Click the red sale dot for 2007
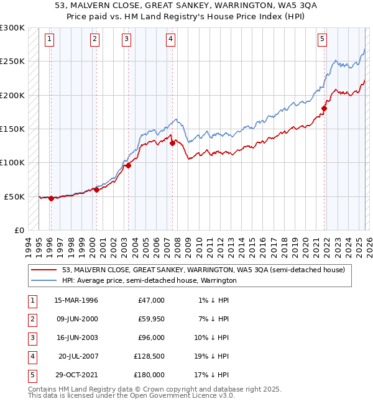172,143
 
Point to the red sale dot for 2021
324,108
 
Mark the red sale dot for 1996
51,198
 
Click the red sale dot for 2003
129,165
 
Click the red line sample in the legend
44,270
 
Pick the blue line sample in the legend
44,280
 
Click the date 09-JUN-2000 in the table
76,319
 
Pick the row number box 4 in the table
30,356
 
